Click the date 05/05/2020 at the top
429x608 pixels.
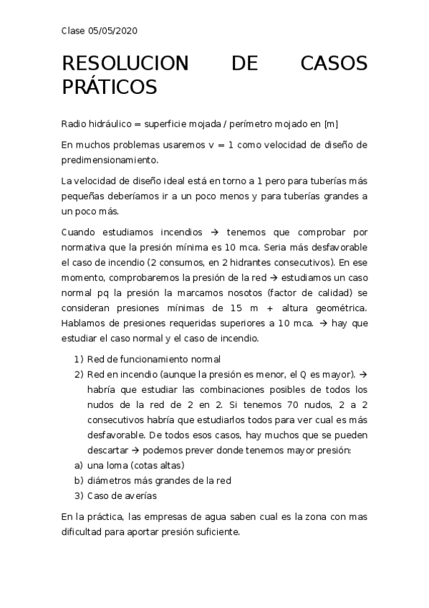(x=112, y=31)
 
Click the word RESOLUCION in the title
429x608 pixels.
(x=125, y=64)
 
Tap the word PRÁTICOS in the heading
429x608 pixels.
(x=109, y=87)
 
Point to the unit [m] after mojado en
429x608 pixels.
(x=331, y=124)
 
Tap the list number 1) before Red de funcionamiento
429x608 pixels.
(x=79, y=359)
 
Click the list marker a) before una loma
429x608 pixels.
(x=79, y=465)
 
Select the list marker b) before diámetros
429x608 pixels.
(x=79, y=480)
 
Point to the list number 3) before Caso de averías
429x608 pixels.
(x=79, y=495)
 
